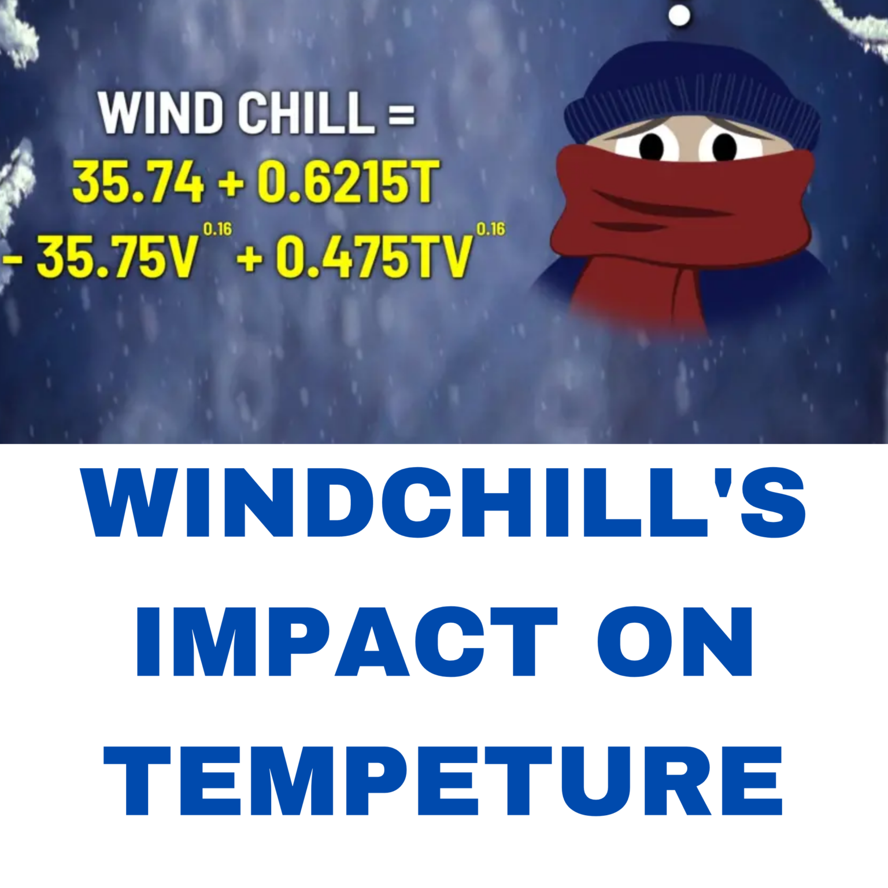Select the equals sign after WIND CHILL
401,114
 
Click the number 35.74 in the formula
138,182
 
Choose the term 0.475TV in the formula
373,257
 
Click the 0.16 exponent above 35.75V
217,230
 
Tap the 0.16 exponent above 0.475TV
490,230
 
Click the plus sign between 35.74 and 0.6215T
231,184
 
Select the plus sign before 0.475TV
250,258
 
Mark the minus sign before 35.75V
13,258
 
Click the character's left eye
652,146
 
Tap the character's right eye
724,146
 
